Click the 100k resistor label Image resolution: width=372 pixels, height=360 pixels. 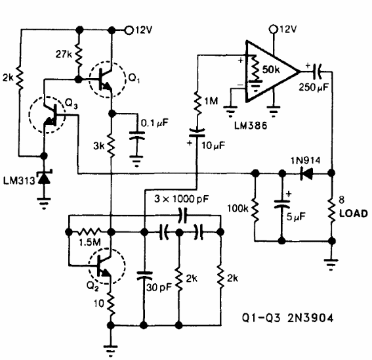point(239,210)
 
